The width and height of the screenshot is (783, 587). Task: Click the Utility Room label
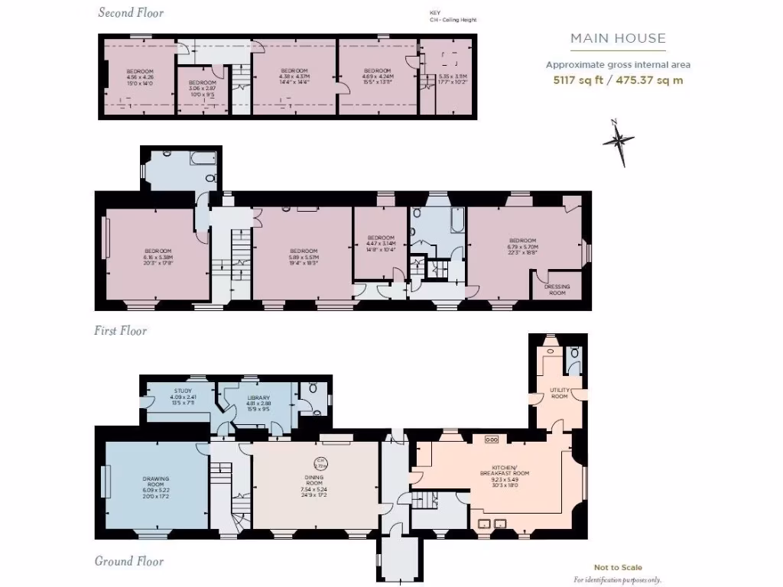tap(560, 393)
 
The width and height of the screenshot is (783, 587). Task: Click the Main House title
tap(618, 38)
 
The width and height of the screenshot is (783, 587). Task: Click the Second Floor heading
tap(131, 12)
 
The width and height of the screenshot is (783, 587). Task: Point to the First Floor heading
tap(121, 331)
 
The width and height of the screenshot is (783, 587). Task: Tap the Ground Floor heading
tap(129, 562)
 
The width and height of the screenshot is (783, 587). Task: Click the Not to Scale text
tap(617, 567)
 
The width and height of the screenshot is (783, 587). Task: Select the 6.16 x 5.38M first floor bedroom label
tap(157, 256)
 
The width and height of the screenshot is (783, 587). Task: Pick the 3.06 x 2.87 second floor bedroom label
tap(202, 87)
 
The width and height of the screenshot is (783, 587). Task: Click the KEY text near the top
tap(436, 13)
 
